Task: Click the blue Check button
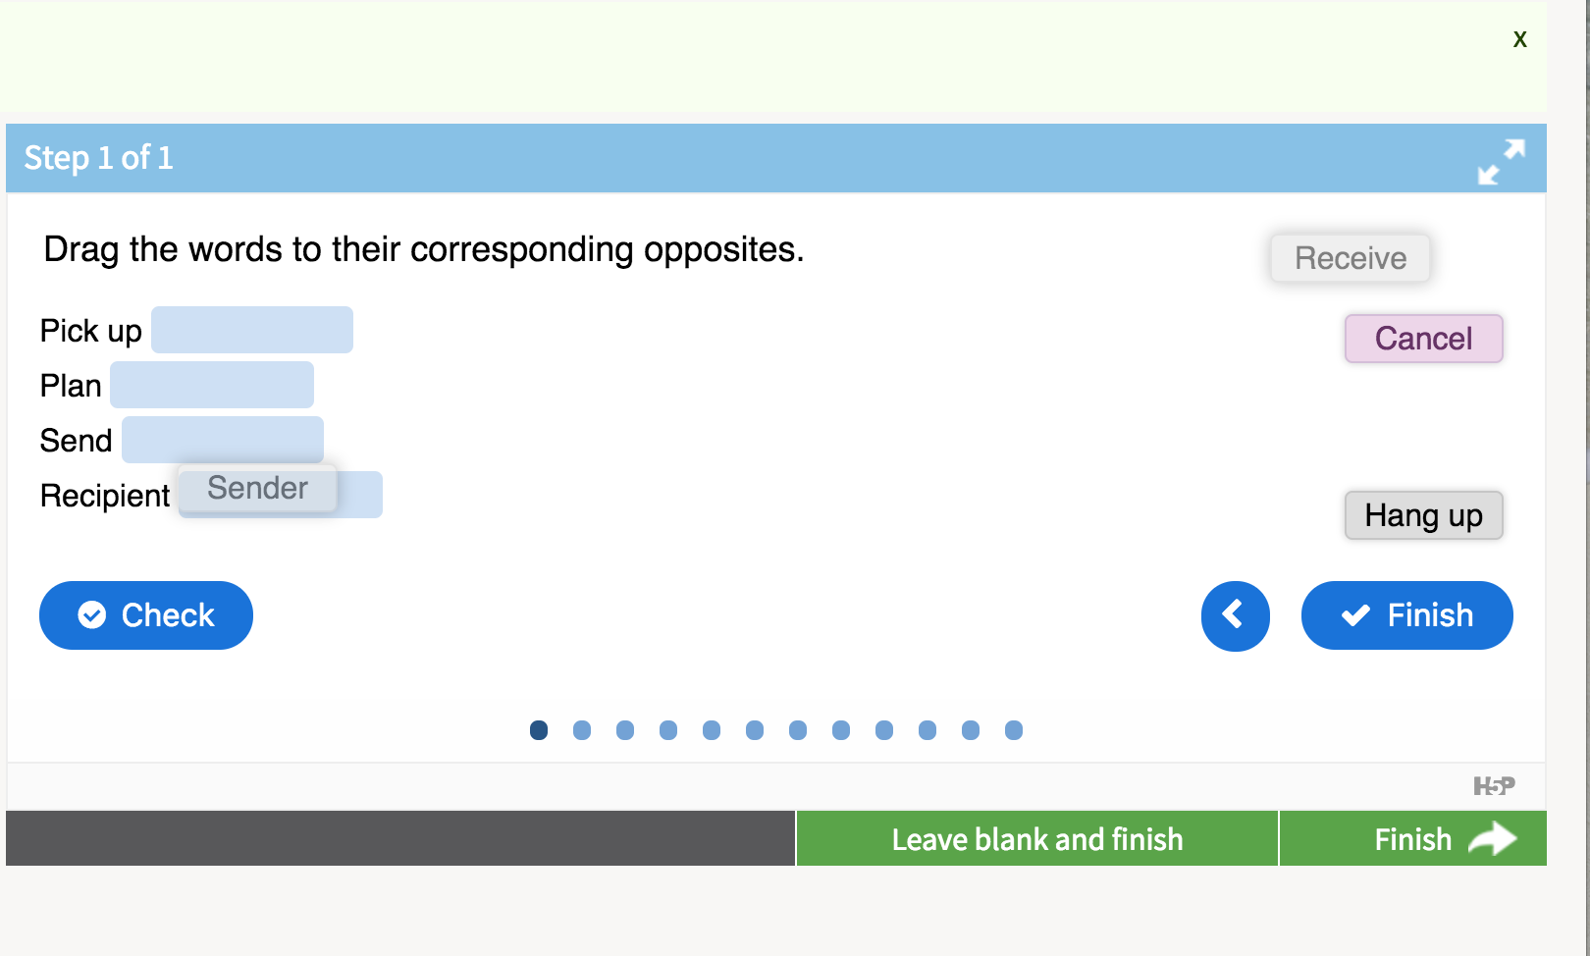click(x=145, y=614)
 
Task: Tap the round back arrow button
click(x=1235, y=615)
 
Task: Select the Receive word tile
click(x=1351, y=257)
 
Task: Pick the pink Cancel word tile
click(x=1423, y=338)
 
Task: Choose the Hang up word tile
click(x=1423, y=515)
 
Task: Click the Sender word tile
click(x=257, y=488)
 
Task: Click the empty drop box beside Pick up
click(x=252, y=330)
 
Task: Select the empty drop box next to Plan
click(x=212, y=385)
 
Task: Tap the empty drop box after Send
click(x=222, y=440)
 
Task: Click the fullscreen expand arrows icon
click(x=1501, y=162)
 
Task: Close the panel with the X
click(x=1519, y=39)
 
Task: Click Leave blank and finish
click(x=1037, y=839)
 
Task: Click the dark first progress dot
click(x=539, y=730)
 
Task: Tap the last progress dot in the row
click(x=1014, y=730)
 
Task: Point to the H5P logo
click(x=1494, y=785)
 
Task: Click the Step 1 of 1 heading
click(x=99, y=158)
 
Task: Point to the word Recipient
click(x=105, y=496)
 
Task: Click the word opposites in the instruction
click(x=724, y=250)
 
